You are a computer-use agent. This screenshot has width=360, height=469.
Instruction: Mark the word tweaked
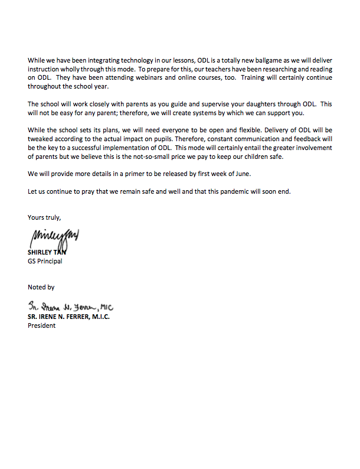point(41,138)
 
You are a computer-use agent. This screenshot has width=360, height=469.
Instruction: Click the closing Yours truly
point(44,217)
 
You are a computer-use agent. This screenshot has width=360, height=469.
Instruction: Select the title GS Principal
point(45,260)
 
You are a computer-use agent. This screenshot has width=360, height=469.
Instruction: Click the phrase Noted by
point(41,287)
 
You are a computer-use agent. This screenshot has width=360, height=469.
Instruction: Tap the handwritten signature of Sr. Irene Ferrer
point(70,307)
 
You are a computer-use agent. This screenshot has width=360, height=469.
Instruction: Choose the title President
point(42,325)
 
